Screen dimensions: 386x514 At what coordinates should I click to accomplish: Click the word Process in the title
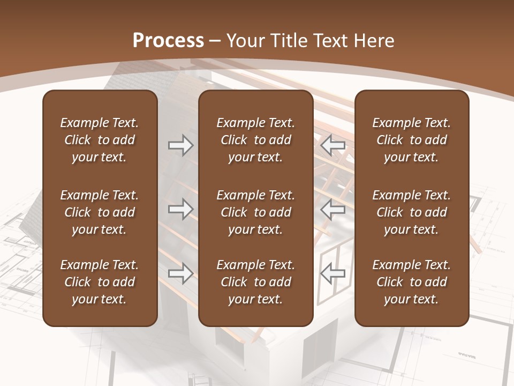[x=168, y=41]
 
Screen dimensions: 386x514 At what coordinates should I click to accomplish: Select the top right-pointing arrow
[x=180, y=145]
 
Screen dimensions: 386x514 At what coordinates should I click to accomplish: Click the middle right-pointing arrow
[x=180, y=209]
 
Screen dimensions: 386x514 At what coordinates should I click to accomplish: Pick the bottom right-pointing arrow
[x=180, y=273]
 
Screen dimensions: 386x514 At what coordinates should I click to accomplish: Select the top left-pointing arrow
[x=332, y=145]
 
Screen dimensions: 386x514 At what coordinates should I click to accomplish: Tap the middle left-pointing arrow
[x=332, y=209]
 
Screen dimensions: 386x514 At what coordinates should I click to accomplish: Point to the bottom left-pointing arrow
[x=332, y=273]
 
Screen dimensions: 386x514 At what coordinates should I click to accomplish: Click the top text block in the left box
[x=100, y=140]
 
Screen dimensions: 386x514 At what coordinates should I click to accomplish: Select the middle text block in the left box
[x=100, y=212]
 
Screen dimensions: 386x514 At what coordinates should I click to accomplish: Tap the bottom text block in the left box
[x=100, y=282]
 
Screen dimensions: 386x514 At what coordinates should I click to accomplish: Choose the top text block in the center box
[x=255, y=140]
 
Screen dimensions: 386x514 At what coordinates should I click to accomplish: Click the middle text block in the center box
[x=255, y=212]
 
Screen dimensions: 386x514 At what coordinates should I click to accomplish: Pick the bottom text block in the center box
[x=255, y=282]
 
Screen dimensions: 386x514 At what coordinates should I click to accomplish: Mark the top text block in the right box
[x=411, y=140]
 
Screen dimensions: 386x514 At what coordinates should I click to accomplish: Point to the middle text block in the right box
[x=411, y=212]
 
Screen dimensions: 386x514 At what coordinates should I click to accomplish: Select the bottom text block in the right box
[x=411, y=282]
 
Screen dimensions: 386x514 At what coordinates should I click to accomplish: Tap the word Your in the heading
[x=244, y=41]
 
